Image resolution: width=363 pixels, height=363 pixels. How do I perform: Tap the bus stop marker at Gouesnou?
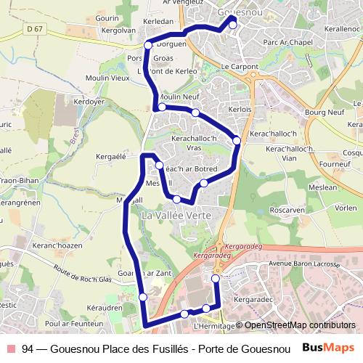[233, 25]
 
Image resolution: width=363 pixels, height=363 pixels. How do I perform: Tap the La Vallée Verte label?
[176, 216]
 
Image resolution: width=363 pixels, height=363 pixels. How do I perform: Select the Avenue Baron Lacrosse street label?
[305, 264]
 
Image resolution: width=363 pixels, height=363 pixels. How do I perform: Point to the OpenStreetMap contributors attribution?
[300, 325]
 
